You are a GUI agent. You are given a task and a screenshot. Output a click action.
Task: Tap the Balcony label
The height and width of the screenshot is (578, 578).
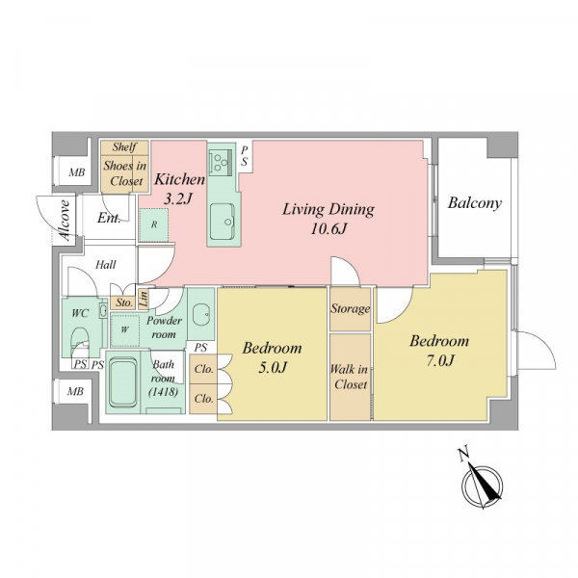pos(474,203)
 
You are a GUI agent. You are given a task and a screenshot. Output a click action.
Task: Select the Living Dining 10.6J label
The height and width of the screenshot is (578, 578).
pos(328,219)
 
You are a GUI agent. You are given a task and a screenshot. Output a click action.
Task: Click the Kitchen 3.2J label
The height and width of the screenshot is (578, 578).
pos(179,189)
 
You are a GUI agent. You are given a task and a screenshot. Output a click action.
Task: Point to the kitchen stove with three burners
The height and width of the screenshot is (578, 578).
pos(221,161)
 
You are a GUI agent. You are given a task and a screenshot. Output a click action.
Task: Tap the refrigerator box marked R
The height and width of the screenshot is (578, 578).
pos(154,224)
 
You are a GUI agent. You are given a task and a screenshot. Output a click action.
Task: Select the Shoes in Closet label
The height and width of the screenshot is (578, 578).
pos(125,173)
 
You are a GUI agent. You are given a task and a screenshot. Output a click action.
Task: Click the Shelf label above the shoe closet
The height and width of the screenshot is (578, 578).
pos(124,147)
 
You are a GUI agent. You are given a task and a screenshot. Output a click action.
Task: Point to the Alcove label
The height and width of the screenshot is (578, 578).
pos(65,221)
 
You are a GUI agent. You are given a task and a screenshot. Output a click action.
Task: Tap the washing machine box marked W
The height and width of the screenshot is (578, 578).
pos(124,329)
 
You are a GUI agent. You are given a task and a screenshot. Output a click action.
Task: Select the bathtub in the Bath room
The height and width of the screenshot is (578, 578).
pos(123,383)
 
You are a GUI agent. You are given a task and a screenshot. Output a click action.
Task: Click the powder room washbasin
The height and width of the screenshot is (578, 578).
pos(201,314)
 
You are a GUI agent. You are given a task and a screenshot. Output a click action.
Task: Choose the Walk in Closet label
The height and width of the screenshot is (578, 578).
pos(349,377)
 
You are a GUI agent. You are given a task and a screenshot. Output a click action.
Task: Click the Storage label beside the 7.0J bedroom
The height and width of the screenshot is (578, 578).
pos(350,308)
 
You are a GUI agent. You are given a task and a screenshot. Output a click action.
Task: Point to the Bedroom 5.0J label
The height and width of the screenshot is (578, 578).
pos(272,357)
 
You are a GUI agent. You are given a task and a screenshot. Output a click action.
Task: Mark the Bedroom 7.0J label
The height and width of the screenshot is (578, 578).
pos(439,351)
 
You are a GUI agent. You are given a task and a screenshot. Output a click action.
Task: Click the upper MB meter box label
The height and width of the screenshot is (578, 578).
pos(77,172)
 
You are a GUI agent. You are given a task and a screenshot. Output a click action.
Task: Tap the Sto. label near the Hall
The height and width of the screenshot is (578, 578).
pos(124,303)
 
